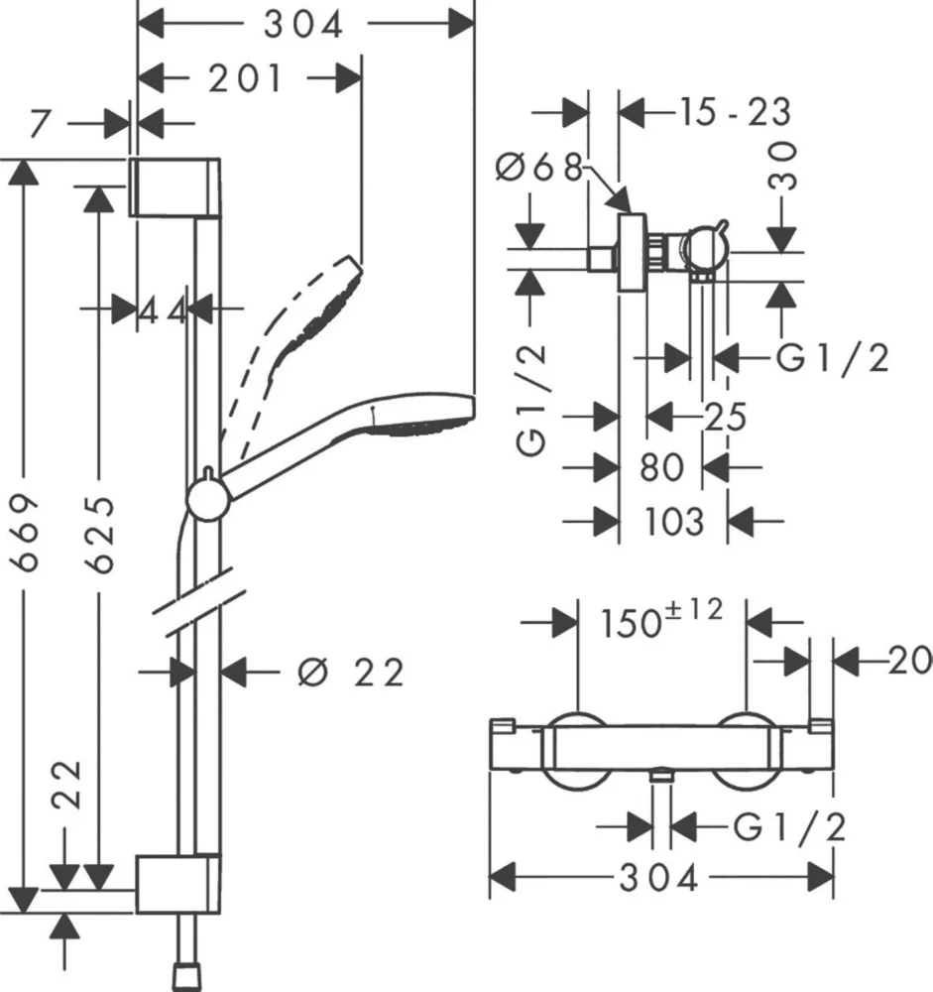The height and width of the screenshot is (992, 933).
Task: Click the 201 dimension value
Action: click(x=245, y=77)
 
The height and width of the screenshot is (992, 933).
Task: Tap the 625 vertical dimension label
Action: click(x=99, y=535)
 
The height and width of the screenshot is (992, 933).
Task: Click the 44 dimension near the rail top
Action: click(x=162, y=310)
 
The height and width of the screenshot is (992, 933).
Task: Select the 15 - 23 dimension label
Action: click(x=735, y=112)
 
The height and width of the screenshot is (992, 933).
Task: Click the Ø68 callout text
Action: click(x=539, y=168)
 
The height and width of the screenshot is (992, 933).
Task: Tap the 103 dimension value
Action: click(x=672, y=519)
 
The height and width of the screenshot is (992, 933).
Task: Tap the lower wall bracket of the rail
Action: click(x=176, y=881)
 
